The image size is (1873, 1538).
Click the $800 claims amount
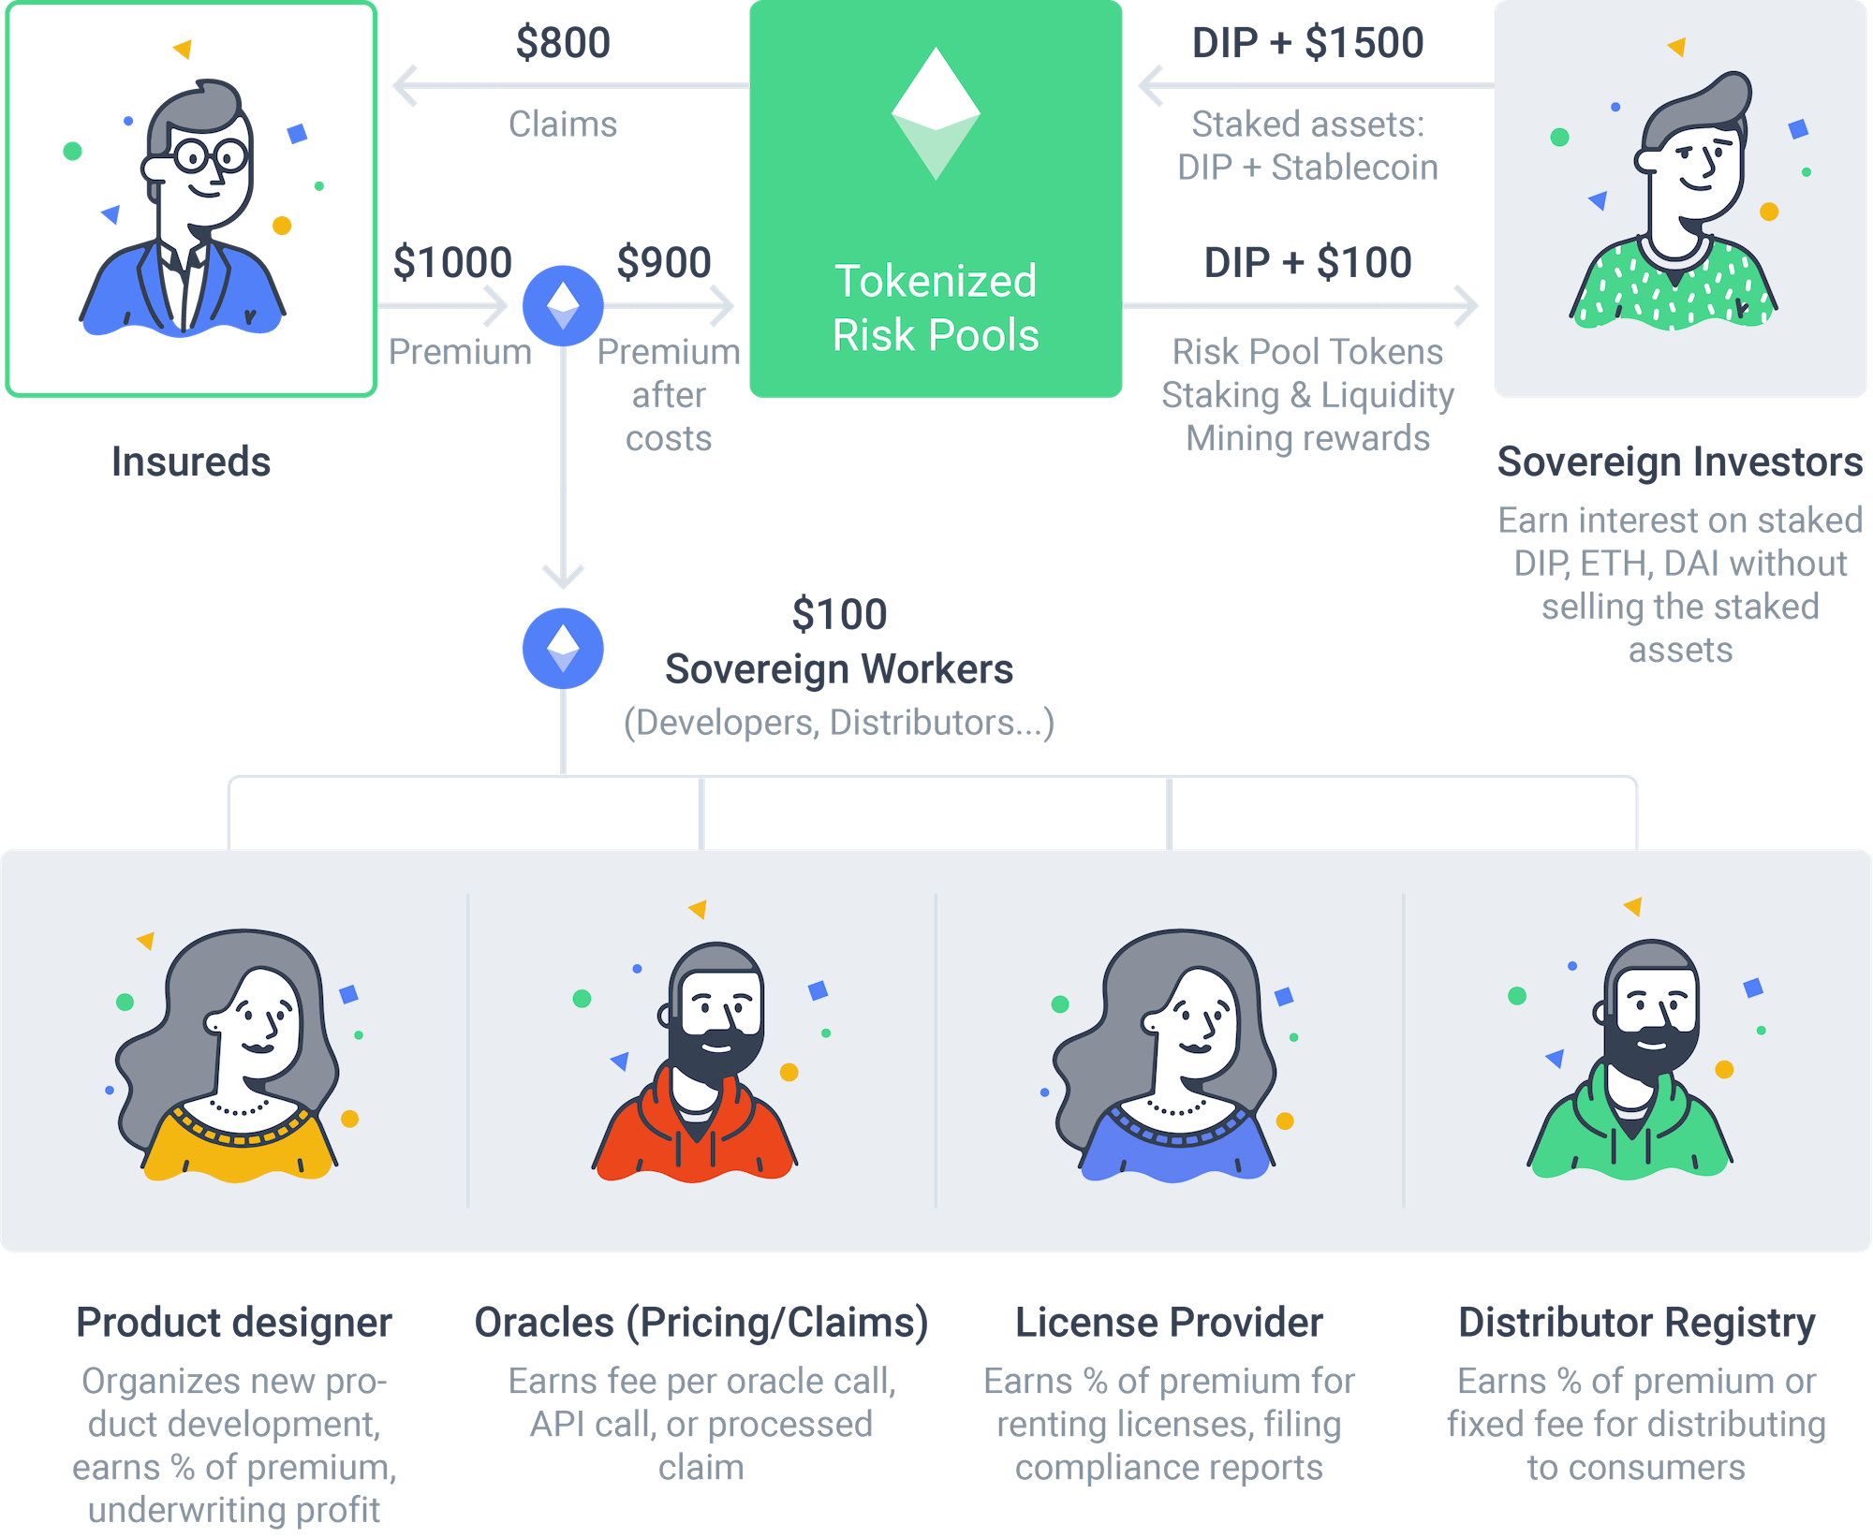click(x=563, y=43)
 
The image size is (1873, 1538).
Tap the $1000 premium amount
click(x=452, y=262)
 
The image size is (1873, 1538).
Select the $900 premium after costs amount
click(x=664, y=262)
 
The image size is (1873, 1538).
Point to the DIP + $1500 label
click(x=1307, y=43)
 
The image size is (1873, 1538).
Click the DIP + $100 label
click(x=1307, y=262)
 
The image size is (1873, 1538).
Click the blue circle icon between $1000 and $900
click(x=563, y=305)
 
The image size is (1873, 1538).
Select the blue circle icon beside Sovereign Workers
click(x=563, y=648)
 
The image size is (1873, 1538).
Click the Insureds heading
click(x=191, y=461)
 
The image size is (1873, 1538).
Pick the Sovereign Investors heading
click(x=1680, y=461)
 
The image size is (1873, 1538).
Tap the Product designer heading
click(x=234, y=1323)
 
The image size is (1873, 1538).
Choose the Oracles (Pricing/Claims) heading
click(x=701, y=1323)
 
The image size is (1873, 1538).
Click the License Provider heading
click(x=1169, y=1323)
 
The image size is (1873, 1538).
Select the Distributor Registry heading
click(x=1636, y=1323)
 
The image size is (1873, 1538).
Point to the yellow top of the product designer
click(x=239, y=1147)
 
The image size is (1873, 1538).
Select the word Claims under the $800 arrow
click(x=563, y=125)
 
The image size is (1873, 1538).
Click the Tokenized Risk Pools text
click(x=936, y=308)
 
